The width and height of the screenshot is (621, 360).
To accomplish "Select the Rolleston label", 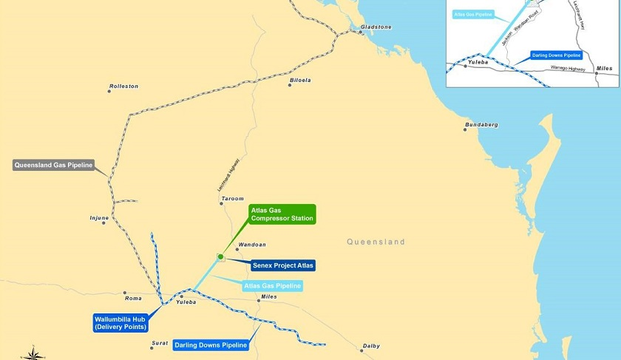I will [x=123, y=86].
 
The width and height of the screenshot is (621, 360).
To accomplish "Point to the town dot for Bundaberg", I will [x=465, y=130].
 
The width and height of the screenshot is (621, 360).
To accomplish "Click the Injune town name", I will [x=99, y=218].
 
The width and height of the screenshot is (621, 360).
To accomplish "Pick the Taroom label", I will [x=232, y=199].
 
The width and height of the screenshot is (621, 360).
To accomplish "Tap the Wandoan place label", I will [x=251, y=244].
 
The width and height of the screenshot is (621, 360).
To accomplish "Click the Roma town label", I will [x=133, y=298].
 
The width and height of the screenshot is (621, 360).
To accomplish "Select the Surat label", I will [x=160, y=343].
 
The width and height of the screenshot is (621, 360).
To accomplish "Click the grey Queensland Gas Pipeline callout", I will [x=53, y=165].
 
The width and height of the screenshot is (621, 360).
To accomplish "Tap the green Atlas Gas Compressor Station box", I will [x=282, y=214].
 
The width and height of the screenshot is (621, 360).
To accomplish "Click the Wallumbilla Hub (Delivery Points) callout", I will [x=121, y=322].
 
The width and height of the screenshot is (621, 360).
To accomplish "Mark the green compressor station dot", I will [x=220, y=257].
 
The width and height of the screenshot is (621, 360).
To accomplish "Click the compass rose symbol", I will [x=33, y=353].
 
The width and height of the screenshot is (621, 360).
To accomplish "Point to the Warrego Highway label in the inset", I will [x=568, y=69].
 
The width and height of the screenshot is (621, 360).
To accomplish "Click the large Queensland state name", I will [x=376, y=242].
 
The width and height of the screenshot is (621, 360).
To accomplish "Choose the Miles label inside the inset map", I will [x=604, y=68].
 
